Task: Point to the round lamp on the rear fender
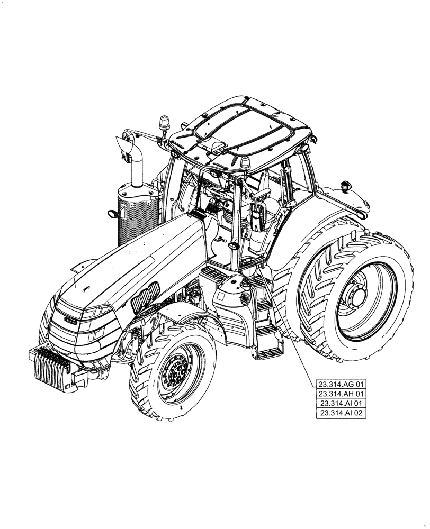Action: click(347, 186)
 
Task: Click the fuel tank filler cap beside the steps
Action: click(245, 299)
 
